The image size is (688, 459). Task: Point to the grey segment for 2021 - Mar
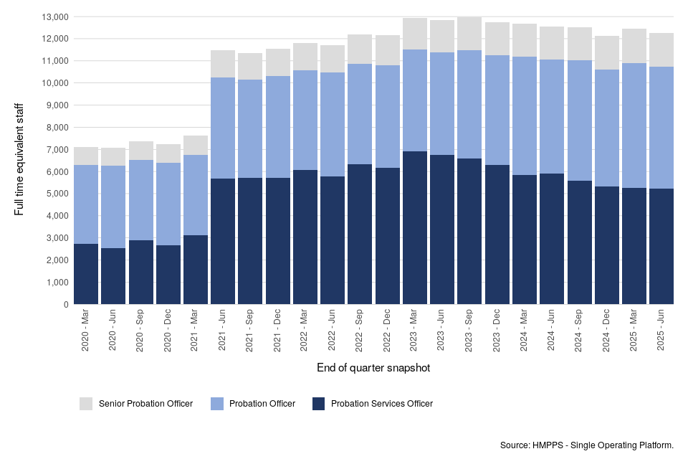pyautogui.click(x=196, y=146)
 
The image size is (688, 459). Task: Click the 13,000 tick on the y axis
pyautogui.click(x=55, y=16)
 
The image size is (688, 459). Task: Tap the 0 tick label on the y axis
pyautogui.click(x=66, y=305)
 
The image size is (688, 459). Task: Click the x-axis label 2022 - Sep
pyautogui.click(x=360, y=331)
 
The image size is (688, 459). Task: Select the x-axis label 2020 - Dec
pyautogui.click(x=168, y=331)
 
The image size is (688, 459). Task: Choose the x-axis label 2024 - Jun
pyautogui.click(x=552, y=331)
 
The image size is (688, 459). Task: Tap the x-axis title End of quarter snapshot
pyautogui.click(x=373, y=368)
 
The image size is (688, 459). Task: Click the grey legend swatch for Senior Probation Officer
pyautogui.click(x=86, y=404)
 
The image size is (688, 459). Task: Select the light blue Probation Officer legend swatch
pyautogui.click(x=216, y=404)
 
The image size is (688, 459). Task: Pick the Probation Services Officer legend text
pyautogui.click(x=381, y=404)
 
